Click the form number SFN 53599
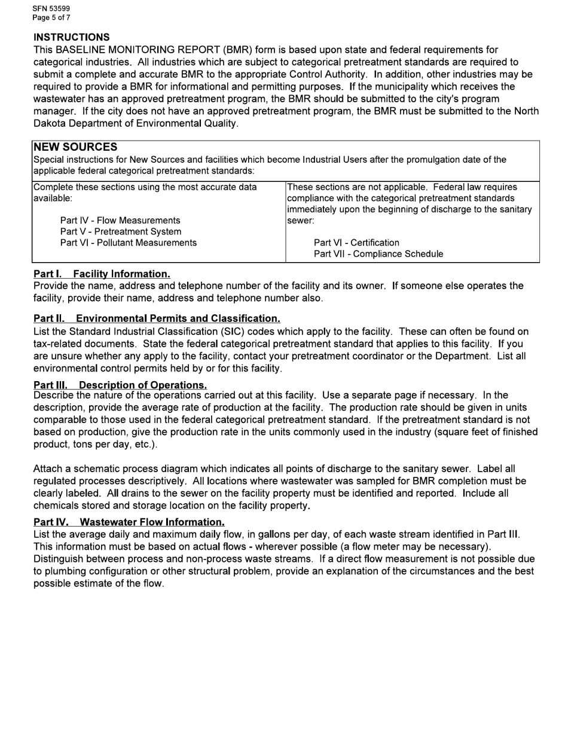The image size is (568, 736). (51, 9)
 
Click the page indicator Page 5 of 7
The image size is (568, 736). (51, 17)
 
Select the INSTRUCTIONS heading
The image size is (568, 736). (72, 37)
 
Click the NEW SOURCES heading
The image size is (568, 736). (75, 147)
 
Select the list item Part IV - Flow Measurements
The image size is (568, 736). (120, 220)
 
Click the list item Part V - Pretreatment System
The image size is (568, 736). (121, 232)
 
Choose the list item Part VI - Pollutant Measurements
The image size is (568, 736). (129, 242)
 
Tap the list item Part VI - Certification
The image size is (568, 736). (356, 242)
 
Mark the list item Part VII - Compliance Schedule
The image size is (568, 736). (378, 254)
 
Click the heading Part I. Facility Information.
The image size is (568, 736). (102, 274)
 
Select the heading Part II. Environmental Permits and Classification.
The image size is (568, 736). (157, 319)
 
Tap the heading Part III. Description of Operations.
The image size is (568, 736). (120, 385)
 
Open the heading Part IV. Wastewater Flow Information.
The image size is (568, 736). (129, 522)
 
